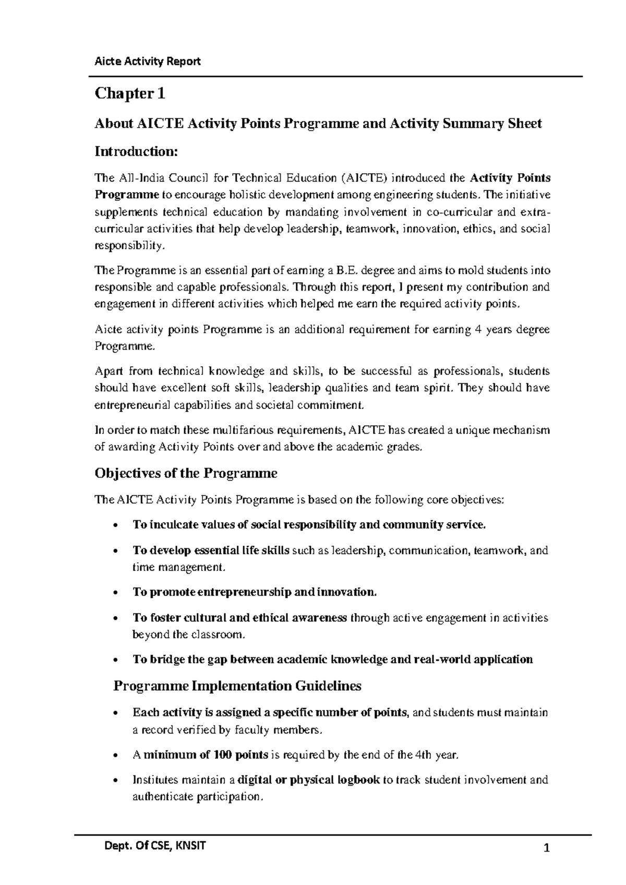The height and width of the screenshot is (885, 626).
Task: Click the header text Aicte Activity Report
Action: (147, 62)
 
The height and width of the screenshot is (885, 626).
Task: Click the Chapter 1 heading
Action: (129, 94)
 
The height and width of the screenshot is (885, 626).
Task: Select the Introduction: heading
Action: (136, 152)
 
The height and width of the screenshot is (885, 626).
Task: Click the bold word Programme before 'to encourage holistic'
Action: (126, 195)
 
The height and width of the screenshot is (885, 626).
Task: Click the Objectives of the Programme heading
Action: (185, 473)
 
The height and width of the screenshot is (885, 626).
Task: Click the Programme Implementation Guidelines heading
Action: (237, 686)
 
